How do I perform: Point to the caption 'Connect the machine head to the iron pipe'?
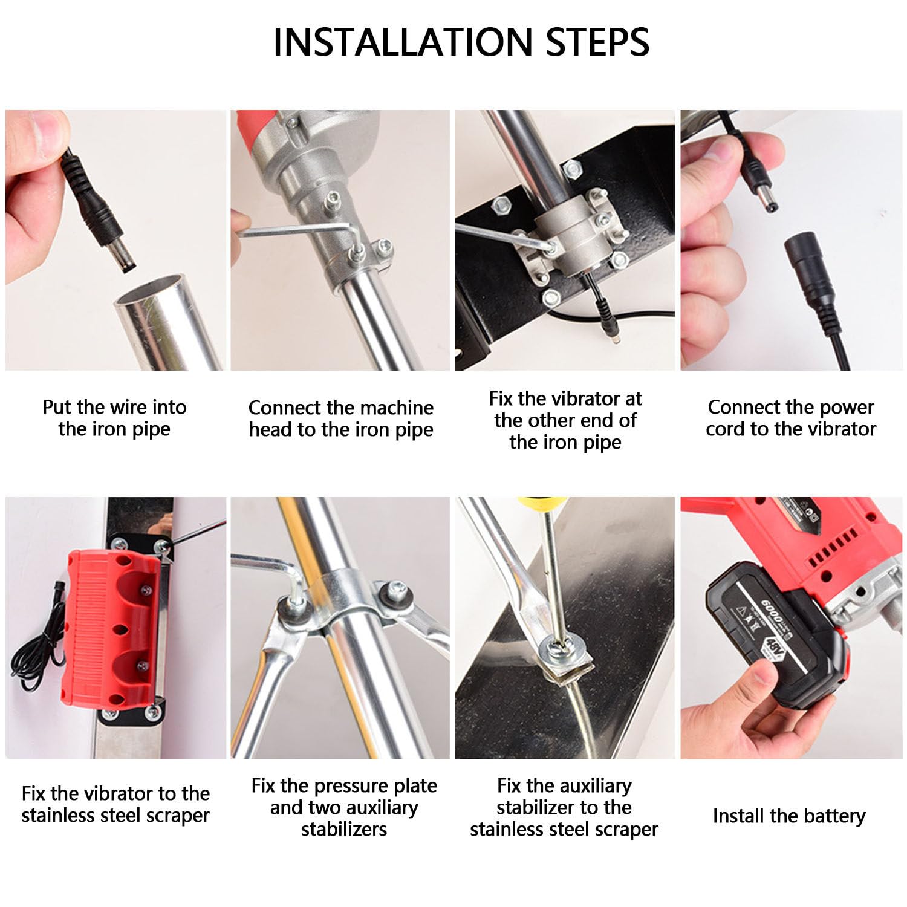coord(341,418)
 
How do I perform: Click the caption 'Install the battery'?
coord(789,816)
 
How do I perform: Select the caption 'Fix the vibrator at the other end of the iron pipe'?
coord(565,420)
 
